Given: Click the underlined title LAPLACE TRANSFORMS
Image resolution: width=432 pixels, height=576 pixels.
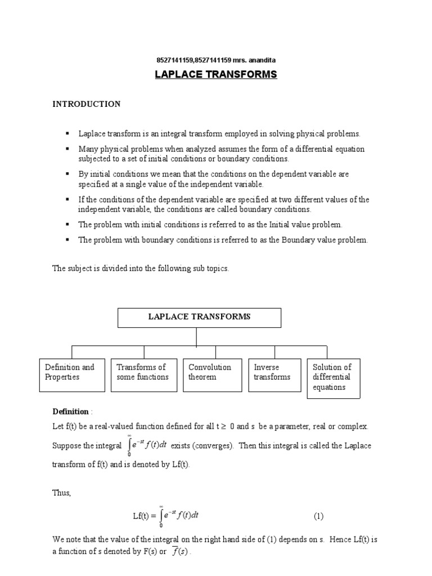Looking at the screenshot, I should (216, 74).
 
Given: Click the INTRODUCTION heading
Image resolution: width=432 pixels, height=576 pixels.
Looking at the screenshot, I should (86, 104).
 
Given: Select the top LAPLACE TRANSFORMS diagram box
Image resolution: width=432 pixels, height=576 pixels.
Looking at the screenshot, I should (199, 317).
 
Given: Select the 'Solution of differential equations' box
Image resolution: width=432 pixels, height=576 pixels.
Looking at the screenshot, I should (333, 378).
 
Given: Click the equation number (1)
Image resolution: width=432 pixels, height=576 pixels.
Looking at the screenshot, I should (318, 516).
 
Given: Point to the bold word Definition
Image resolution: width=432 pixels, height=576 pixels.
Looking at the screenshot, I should (71, 412).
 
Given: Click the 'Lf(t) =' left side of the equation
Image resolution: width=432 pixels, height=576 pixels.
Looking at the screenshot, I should (145, 516).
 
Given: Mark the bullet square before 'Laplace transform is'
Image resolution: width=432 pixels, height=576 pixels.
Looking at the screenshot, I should (67, 133).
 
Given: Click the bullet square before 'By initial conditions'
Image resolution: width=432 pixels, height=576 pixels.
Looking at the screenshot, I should (67, 174).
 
